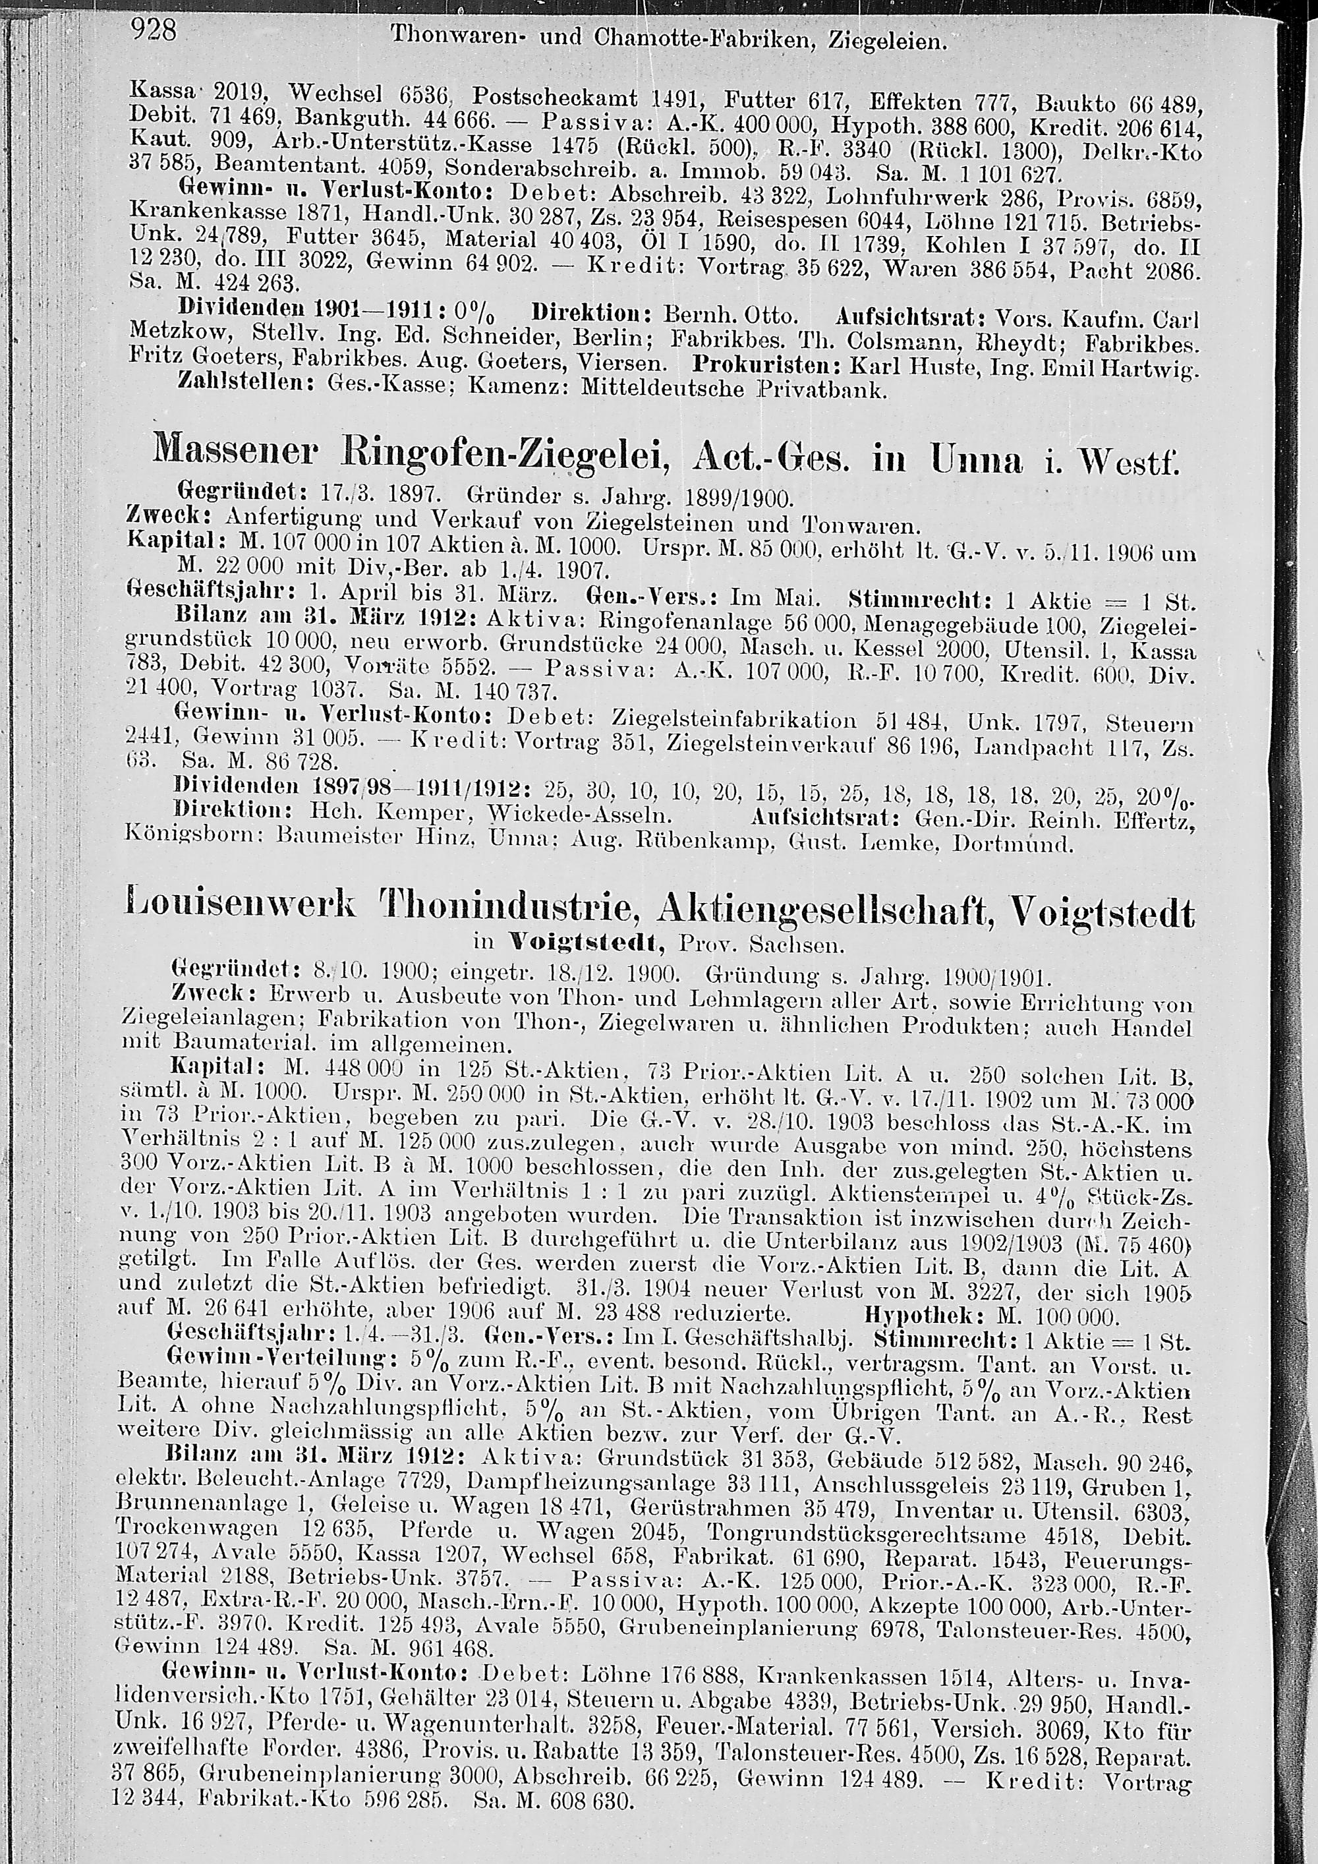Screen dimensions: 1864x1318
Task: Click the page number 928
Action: pyautogui.click(x=154, y=31)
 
